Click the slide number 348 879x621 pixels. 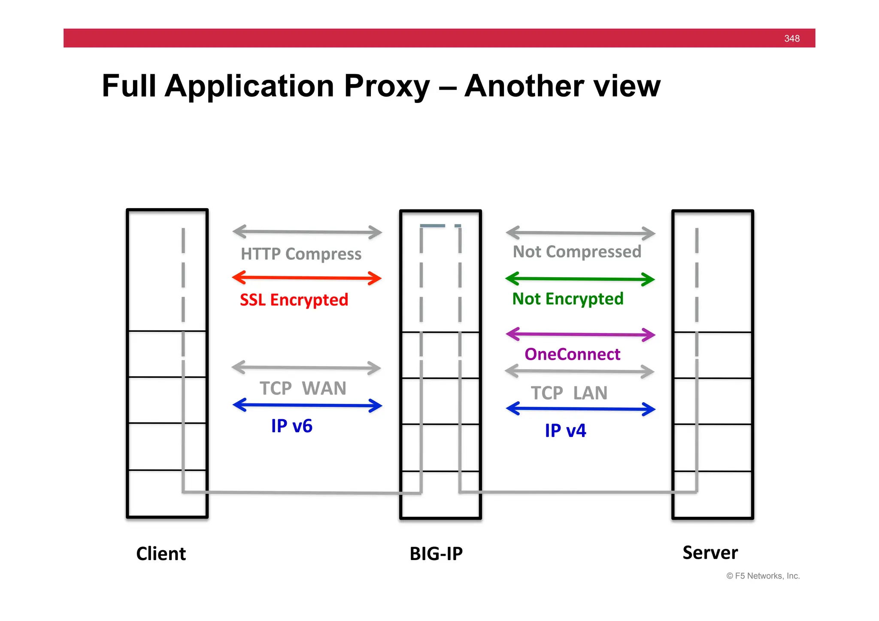pos(791,39)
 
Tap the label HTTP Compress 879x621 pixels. pos(301,254)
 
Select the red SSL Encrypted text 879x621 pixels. pos(294,300)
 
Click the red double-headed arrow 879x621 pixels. pos(306,278)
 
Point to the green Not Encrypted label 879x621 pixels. pos(567,299)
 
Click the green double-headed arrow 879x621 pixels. pos(580,279)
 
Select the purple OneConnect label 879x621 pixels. pos(572,354)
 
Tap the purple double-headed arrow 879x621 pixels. pos(580,334)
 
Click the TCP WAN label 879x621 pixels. pos(303,388)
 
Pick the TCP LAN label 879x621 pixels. pos(569,393)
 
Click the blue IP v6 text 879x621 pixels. pos(291,426)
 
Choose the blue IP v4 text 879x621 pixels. pos(565,430)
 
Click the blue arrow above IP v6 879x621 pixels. pos(307,405)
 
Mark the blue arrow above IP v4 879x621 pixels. pos(580,409)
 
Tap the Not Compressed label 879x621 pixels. pos(577,251)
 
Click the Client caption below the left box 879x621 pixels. pos(161,554)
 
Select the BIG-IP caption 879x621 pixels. pos(436,554)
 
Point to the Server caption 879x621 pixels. pos(710,552)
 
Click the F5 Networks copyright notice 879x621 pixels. pos(763,576)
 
